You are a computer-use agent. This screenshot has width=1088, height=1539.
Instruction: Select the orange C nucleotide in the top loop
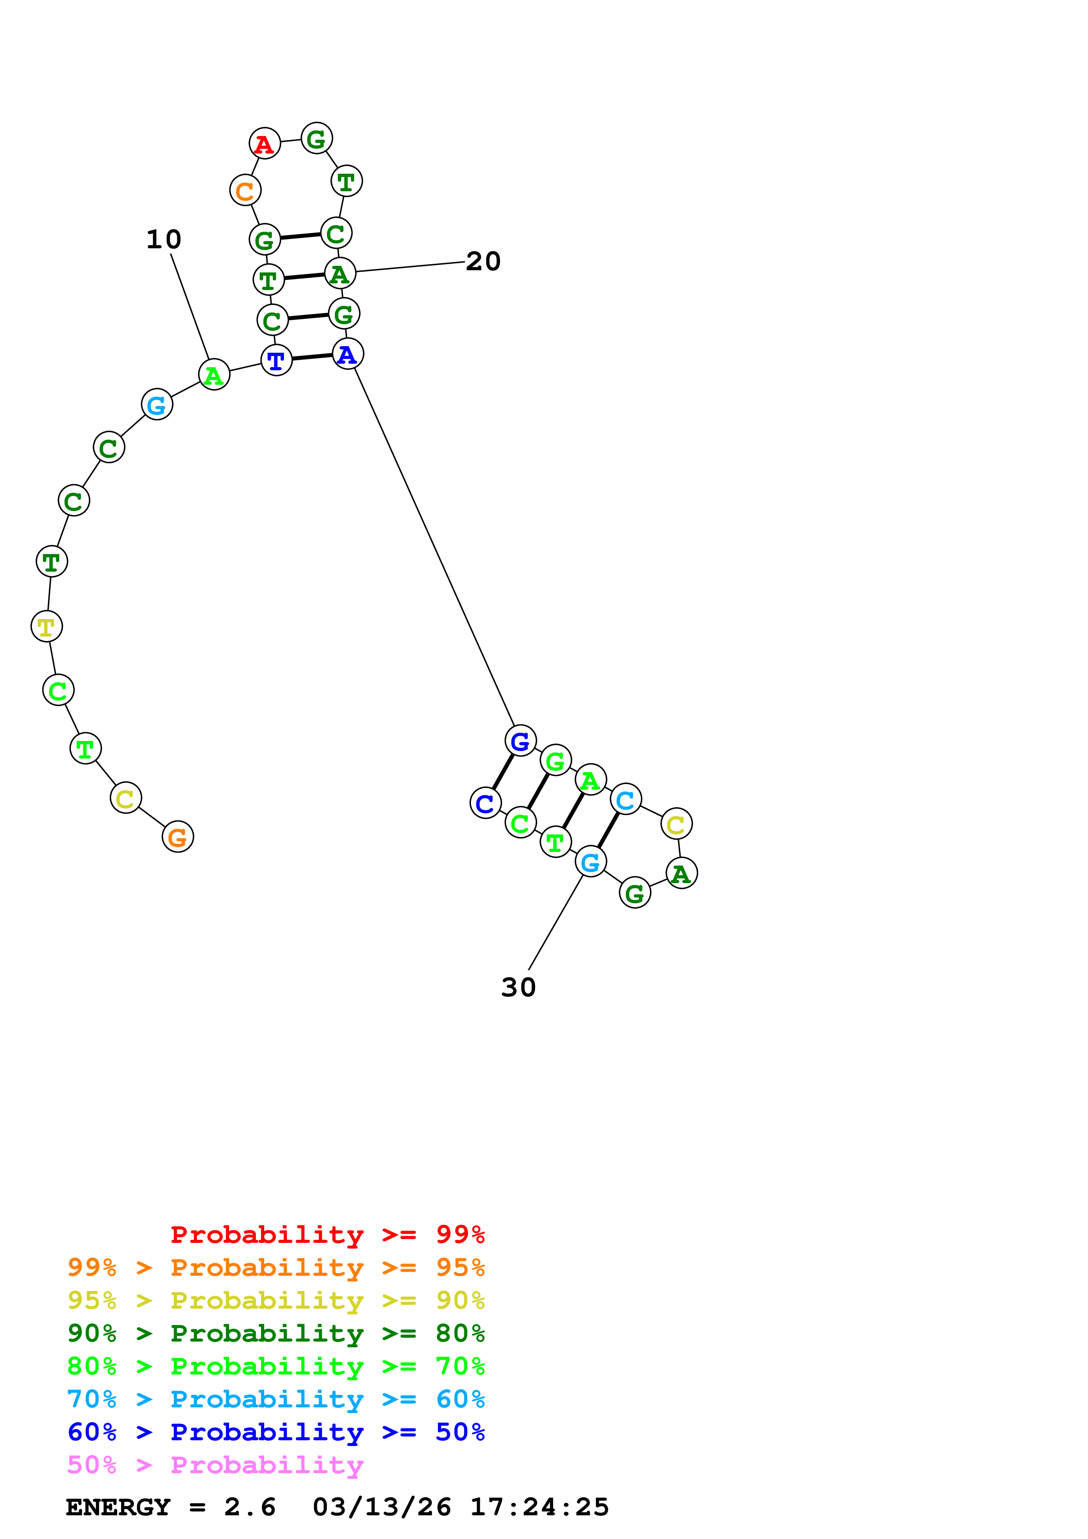tap(245, 190)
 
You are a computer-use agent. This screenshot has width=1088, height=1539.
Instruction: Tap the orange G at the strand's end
tap(178, 837)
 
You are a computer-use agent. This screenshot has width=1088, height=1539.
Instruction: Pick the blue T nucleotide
tap(276, 361)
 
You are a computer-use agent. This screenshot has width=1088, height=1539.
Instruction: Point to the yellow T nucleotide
tap(46, 627)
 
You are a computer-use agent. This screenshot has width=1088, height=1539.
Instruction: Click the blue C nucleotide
tap(485, 803)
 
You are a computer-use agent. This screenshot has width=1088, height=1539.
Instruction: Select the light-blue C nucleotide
tap(625, 799)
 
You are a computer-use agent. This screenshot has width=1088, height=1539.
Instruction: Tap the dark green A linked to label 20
tap(340, 273)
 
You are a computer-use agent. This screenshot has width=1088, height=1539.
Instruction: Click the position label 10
tap(164, 239)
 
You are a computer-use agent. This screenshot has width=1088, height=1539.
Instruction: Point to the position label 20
tap(483, 261)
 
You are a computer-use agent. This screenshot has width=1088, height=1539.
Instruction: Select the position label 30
tap(518, 988)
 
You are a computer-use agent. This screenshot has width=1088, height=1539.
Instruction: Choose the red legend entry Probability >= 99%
tap(328, 1235)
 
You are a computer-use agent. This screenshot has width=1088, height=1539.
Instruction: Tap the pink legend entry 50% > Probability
tap(215, 1465)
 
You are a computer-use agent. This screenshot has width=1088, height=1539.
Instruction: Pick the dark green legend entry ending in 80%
tap(276, 1333)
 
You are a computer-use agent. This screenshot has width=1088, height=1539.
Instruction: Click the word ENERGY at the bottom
tap(118, 1507)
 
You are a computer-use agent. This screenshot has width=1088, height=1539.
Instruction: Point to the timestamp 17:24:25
tap(540, 1507)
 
